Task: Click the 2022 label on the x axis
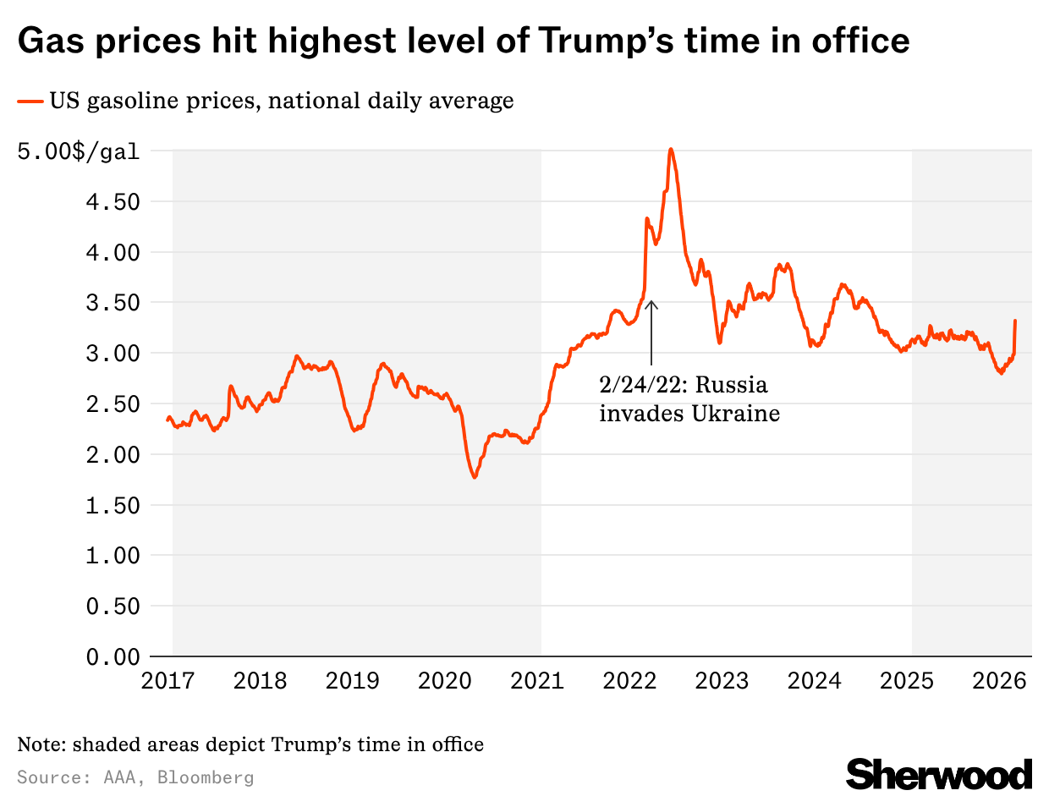coord(629,681)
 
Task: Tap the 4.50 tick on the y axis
coord(113,201)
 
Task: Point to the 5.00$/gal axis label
coord(79,151)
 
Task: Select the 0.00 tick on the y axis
coord(113,656)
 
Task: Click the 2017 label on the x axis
coord(168,681)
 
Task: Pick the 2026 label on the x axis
coord(999,681)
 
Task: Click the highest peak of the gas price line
coord(671,149)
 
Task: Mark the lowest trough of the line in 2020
coord(475,478)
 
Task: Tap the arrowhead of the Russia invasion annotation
coord(651,303)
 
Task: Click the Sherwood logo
coord(939,774)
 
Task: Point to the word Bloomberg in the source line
coord(205,777)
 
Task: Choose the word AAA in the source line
coord(118,777)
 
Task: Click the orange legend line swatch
coord(30,102)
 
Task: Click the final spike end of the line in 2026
coord(1015,321)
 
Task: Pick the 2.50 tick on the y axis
coord(113,403)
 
